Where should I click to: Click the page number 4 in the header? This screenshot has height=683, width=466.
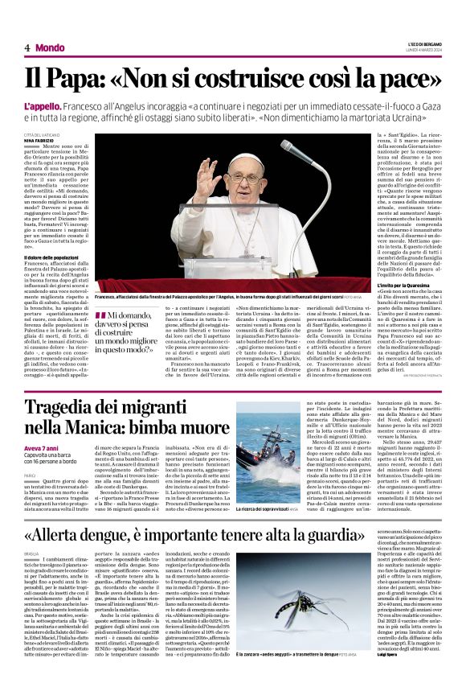[x=27, y=48]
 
